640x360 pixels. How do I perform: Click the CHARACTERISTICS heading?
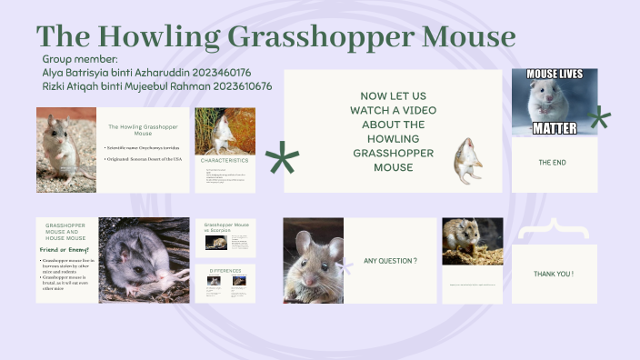(x=225, y=160)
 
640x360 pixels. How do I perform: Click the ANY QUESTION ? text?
(x=390, y=261)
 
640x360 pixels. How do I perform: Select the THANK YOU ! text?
(x=554, y=274)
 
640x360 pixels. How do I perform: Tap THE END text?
(x=554, y=164)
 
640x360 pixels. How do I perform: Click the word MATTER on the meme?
(x=554, y=129)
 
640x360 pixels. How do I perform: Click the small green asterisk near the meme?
(x=598, y=117)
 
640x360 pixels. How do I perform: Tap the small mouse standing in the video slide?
(x=467, y=160)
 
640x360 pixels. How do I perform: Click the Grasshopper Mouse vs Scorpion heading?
(x=226, y=226)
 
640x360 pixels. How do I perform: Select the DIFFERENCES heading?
(x=225, y=271)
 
